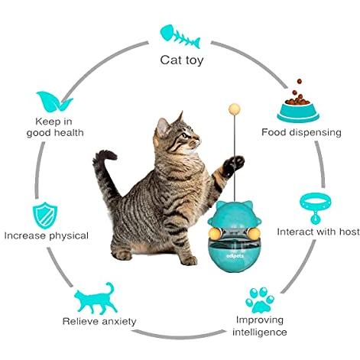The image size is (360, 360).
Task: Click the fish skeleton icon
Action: point(180,36)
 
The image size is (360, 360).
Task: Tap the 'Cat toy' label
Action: point(182,60)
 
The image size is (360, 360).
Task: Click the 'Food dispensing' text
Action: point(301,132)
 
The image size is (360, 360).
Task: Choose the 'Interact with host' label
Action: point(318,232)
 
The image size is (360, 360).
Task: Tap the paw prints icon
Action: point(260,300)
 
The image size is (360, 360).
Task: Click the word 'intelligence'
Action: point(260,332)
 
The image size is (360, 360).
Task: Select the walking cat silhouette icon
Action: point(96,298)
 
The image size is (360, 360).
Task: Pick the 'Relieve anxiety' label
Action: point(99,321)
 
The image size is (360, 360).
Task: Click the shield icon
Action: point(45,216)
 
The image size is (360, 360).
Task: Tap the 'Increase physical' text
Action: point(47,235)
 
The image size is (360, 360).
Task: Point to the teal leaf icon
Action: point(54,102)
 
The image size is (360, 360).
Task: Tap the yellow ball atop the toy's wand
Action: point(235,109)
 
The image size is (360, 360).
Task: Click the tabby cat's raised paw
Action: point(234,166)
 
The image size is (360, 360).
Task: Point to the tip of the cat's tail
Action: point(112,155)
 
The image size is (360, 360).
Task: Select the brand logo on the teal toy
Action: point(236,256)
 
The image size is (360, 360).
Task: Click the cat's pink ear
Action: point(162,127)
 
